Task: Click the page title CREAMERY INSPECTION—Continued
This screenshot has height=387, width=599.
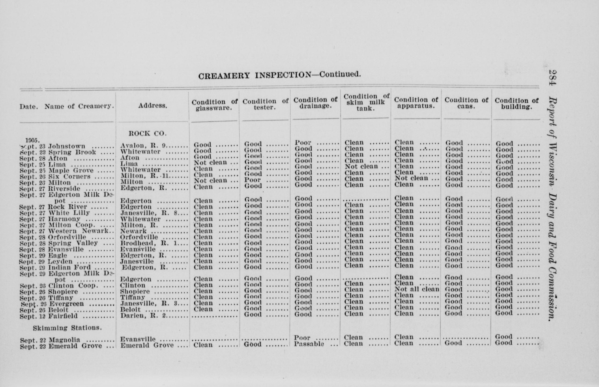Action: point(279,75)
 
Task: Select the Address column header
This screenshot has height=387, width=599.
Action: point(153,106)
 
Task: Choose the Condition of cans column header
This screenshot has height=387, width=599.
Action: point(466,103)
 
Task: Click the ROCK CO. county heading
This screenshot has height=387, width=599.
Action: point(147,134)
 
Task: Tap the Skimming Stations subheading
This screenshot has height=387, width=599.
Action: point(67,328)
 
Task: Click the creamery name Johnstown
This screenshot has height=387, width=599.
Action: point(67,146)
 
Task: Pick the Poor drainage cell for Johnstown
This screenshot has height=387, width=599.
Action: point(303,143)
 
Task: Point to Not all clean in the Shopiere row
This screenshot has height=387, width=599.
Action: point(417,289)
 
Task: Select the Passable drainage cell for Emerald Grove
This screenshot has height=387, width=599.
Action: point(309,344)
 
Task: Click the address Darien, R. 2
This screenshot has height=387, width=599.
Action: point(144,315)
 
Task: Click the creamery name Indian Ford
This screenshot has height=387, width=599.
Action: point(69,267)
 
